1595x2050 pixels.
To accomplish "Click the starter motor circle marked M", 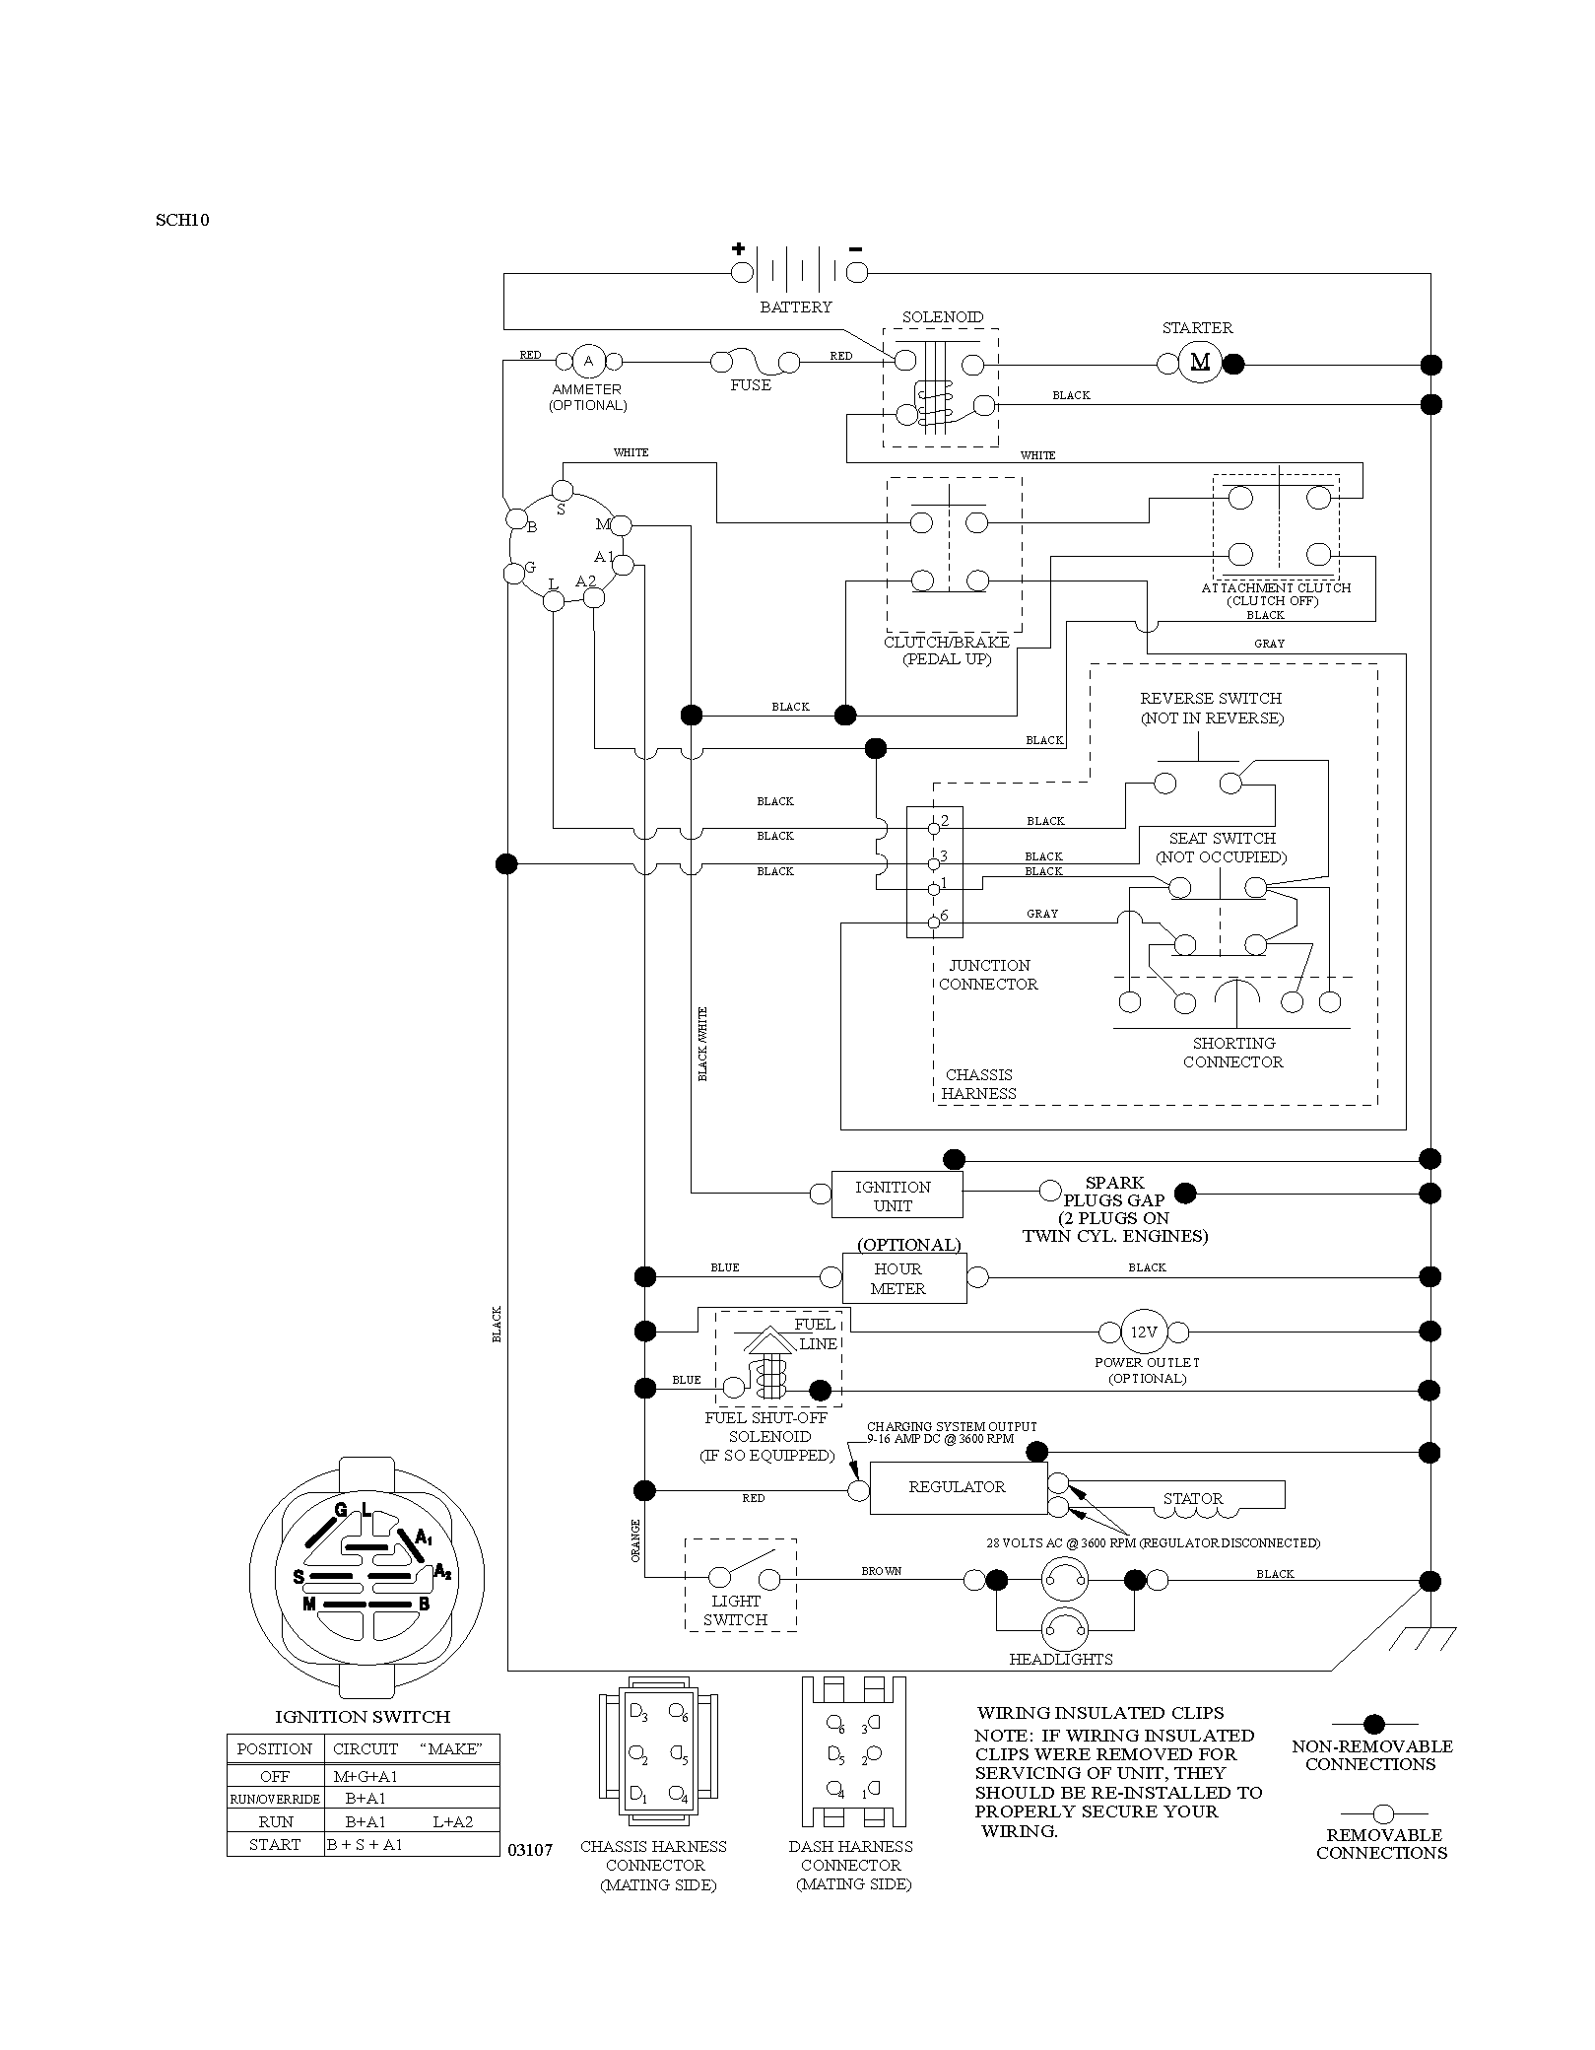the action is [x=1200, y=363].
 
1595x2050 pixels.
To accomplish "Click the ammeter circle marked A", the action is [x=588, y=362].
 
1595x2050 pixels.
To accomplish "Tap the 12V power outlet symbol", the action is [x=1143, y=1332].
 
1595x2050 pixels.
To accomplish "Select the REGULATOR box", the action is [x=958, y=1487].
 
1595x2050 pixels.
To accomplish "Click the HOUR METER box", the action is [x=904, y=1278].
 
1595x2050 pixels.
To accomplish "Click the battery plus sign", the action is [x=738, y=248].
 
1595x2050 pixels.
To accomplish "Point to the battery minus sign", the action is [x=855, y=247].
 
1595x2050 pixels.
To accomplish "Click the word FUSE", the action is [x=751, y=385].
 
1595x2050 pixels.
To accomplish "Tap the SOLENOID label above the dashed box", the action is [x=943, y=317].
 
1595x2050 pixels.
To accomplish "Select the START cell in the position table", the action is [x=276, y=1844].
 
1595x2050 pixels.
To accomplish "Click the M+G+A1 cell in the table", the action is [x=366, y=1776].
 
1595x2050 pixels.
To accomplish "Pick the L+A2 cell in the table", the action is [x=453, y=1821].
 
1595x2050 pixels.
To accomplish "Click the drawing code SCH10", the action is [x=182, y=220].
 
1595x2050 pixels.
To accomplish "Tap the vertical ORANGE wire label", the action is [x=635, y=1539].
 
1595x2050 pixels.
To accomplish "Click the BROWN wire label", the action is [x=882, y=1571].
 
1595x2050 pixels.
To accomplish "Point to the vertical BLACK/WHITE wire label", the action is [x=702, y=1044].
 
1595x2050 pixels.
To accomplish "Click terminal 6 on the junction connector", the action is [x=934, y=923].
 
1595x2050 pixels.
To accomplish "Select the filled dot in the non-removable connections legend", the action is [x=1373, y=1724].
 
